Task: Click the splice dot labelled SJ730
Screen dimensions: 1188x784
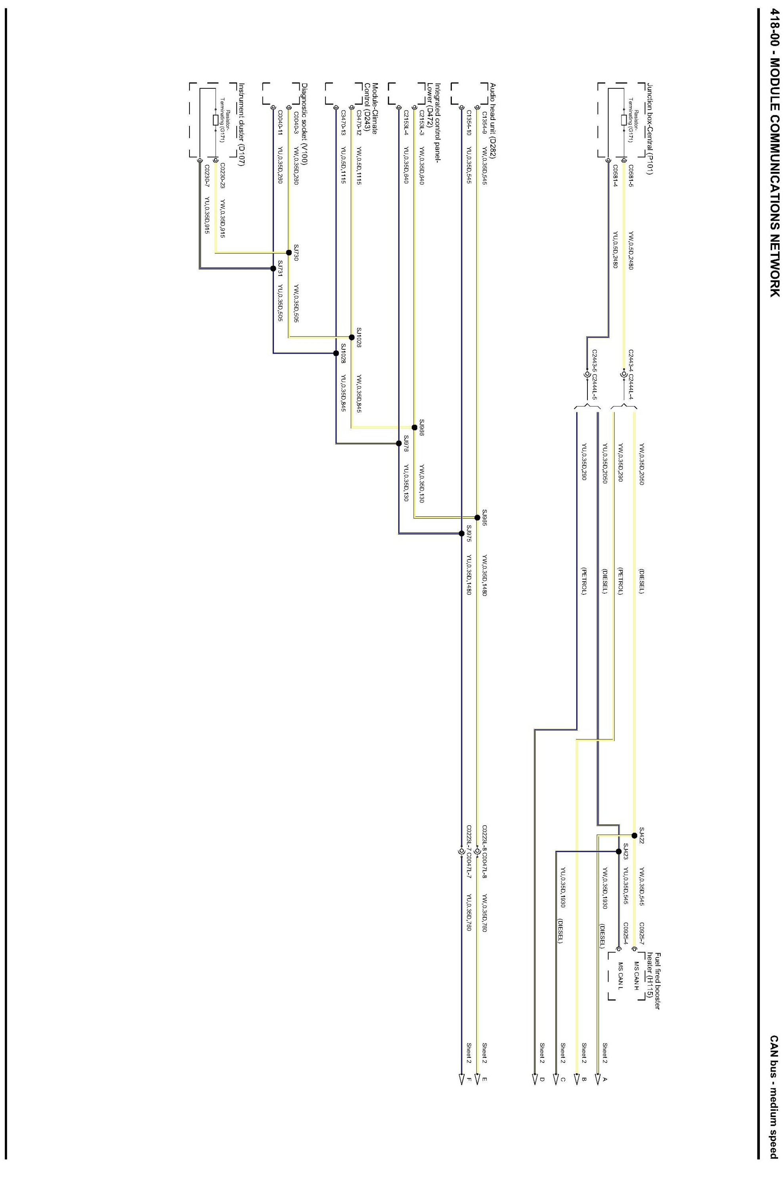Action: coord(289,253)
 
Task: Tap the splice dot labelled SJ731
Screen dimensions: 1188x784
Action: coord(273,269)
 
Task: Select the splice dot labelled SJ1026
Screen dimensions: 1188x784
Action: coord(352,337)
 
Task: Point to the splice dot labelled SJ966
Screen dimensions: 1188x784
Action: coord(414,427)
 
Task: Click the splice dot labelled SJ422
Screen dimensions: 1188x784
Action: coord(635,835)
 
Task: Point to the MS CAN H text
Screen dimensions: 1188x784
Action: coord(637,976)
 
